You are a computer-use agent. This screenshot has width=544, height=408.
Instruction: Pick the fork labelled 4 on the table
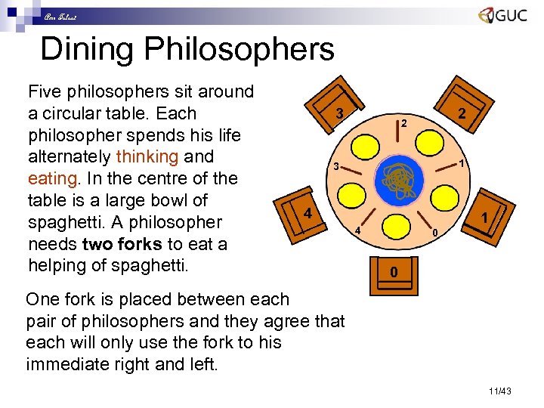pyautogui.click(x=370, y=224)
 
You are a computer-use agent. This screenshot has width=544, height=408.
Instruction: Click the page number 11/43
pyautogui.click(x=500, y=391)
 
